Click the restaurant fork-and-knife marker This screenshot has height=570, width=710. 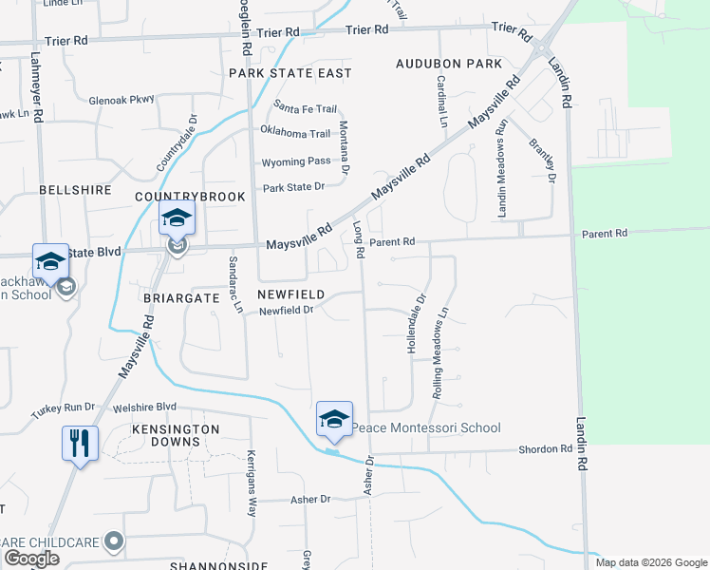[x=80, y=443]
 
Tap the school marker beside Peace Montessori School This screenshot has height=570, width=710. [x=334, y=419]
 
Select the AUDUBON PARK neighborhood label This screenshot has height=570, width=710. [x=449, y=64]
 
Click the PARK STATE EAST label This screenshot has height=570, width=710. [x=290, y=73]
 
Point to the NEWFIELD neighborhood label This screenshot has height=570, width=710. [x=292, y=294]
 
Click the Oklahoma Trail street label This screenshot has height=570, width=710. [x=295, y=133]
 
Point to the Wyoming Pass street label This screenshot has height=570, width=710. [x=295, y=161]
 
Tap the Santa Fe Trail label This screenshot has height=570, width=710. [x=305, y=107]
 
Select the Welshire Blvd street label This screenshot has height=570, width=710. [x=144, y=407]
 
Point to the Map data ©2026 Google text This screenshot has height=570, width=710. [x=651, y=562]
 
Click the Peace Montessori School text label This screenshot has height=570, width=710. [x=426, y=428]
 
